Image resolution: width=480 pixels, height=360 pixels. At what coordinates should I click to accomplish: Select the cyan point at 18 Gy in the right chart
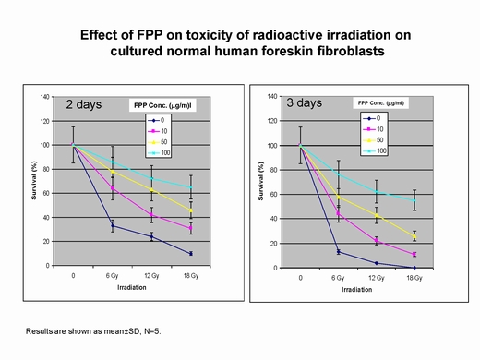[x=414, y=200]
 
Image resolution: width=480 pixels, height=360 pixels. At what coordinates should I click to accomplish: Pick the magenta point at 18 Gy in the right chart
[x=414, y=254]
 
